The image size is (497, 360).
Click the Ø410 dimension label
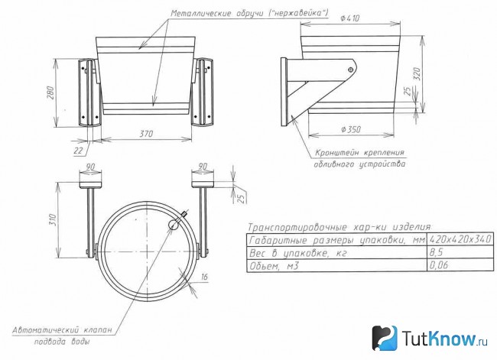point(350,18)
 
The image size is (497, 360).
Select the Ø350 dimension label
point(351,129)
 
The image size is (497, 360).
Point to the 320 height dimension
point(417,74)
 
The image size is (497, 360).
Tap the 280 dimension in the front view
point(50,92)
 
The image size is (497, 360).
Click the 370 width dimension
point(146,134)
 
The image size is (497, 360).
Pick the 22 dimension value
point(78,151)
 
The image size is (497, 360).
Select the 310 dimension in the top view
point(53,220)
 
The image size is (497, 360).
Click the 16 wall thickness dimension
point(204,277)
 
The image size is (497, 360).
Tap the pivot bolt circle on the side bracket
point(350,70)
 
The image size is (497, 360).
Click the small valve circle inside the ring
point(173,225)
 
